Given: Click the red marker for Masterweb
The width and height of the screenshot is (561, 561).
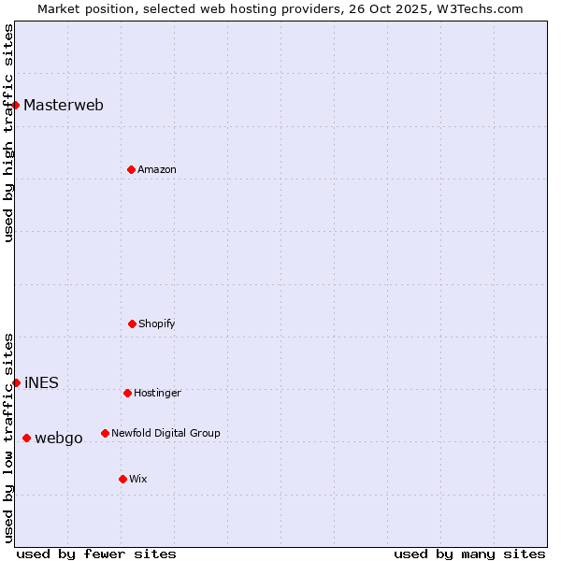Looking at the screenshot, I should (16, 105).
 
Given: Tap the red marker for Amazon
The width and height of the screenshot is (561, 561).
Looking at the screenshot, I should (131, 169).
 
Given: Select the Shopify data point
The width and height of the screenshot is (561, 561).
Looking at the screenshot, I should (132, 324).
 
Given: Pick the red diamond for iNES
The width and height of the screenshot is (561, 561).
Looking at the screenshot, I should (16, 382).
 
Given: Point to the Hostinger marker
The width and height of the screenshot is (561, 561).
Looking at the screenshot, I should (127, 393).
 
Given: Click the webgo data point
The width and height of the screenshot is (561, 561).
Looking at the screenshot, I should (26, 438).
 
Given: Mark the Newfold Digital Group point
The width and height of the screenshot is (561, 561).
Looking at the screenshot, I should (105, 433).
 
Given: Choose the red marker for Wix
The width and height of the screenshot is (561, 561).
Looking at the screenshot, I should (122, 479).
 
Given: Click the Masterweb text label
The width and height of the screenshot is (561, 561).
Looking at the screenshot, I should (64, 105).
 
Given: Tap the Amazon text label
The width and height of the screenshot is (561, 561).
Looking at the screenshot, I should (157, 169).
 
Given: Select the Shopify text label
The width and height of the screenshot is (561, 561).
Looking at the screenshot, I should (157, 324).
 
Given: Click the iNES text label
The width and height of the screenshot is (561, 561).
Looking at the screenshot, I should (41, 382).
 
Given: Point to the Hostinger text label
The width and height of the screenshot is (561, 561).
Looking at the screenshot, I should (157, 393).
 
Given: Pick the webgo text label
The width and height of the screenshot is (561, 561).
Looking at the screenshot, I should (59, 438).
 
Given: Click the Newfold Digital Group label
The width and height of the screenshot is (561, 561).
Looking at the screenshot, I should (165, 433).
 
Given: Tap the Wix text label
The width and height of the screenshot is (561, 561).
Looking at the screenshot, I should (138, 479).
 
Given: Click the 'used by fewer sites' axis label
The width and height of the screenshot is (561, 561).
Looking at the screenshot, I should (96, 554).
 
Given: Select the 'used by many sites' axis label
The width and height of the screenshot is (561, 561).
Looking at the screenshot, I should (469, 554).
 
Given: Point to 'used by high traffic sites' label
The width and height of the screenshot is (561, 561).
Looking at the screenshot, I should (8, 133).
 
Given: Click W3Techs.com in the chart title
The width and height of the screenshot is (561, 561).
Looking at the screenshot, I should (477, 8).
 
